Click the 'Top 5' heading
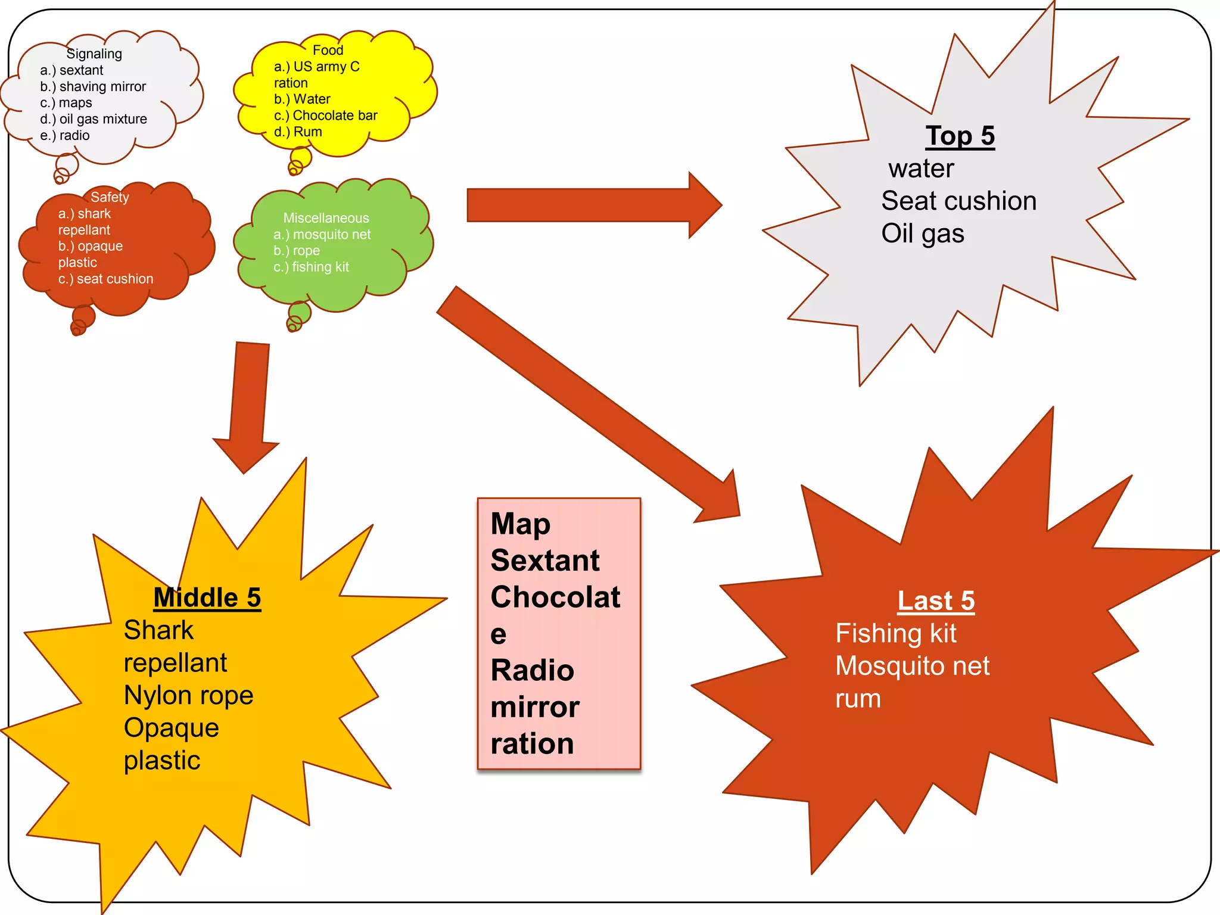pyautogui.click(x=960, y=136)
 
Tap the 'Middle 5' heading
pyautogui.click(x=207, y=597)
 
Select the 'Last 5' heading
pyautogui.click(x=936, y=600)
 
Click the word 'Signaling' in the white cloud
pyautogui.click(x=94, y=54)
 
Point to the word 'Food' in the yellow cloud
pyautogui.click(x=328, y=50)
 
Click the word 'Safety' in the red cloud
pyautogui.click(x=110, y=197)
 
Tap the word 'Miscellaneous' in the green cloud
pyautogui.click(x=326, y=218)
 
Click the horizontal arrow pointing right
pyautogui.click(x=590, y=206)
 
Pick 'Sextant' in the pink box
pyautogui.click(x=545, y=561)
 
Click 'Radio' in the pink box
pyautogui.click(x=532, y=671)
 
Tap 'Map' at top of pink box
pyautogui.click(x=520, y=524)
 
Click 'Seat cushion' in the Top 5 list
pyautogui.click(x=958, y=201)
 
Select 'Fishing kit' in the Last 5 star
pyautogui.click(x=895, y=633)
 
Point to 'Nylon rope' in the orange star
pyautogui.click(x=188, y=695)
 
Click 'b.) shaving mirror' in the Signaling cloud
pyautogui.click(x=93, y=86)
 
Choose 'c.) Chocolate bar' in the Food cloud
pyautogui.click(x=325, y=116)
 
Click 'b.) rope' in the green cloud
pyautogui.click(x=297, y=251)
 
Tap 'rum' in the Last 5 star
pyautogui.click(x=858, y=699)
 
